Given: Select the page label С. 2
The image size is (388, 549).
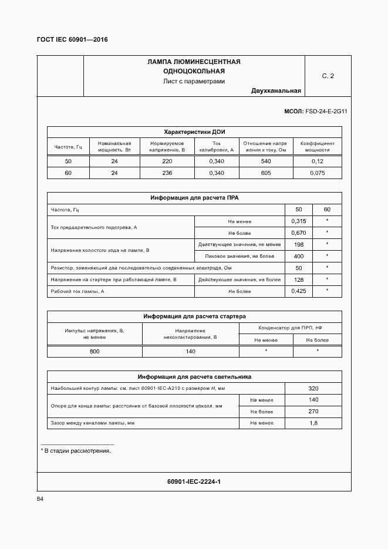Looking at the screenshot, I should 328,76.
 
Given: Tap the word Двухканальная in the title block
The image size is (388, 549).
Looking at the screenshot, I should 276,91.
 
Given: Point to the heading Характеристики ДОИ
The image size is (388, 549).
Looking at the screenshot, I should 194,132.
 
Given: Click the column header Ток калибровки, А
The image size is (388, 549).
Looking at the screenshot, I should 217,146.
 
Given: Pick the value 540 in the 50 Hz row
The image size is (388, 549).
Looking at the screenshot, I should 265,161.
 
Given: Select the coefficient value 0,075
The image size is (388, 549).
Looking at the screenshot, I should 317,173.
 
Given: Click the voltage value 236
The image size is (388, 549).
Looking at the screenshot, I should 167,173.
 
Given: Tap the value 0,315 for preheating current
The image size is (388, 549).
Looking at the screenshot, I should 298,221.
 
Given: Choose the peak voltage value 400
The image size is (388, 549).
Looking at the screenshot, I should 298,256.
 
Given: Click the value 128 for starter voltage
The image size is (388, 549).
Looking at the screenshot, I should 298,279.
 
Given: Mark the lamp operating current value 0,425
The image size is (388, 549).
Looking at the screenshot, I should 298,291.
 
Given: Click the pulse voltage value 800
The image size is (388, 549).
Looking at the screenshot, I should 95,351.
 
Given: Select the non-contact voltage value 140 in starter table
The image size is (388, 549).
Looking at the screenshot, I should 190,351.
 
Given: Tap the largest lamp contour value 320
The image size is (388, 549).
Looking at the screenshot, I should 313,388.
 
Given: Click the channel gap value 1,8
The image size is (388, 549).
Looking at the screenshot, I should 313,423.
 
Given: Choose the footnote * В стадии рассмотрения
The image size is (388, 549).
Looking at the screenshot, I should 76,450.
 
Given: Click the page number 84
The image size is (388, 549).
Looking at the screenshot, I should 41,499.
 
